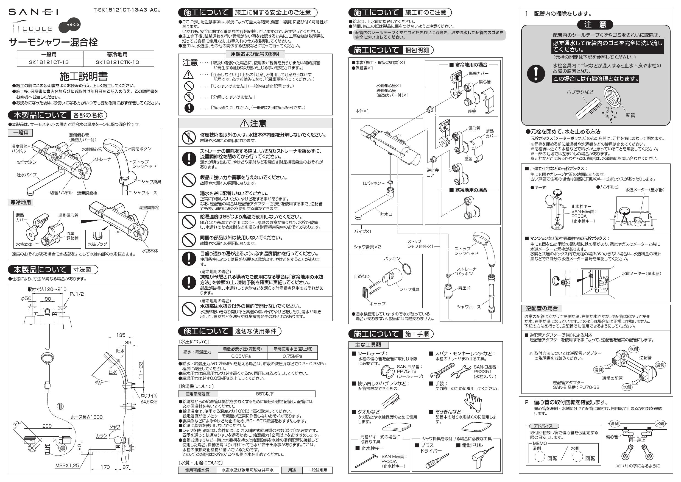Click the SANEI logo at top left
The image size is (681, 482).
point(33,12)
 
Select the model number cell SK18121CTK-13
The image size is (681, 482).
point(117,63)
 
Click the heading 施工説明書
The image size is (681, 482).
point(83,76)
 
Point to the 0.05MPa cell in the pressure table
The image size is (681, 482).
point(241,356)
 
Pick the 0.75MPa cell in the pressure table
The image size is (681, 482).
point(292,356)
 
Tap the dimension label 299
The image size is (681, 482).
point(47,426)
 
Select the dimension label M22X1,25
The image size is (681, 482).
point(67,466)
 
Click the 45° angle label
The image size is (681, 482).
point(98,383)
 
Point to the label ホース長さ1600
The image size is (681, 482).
point(86,417)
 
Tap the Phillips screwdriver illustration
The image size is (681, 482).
point(437,460)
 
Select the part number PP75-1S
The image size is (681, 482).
point(407,371)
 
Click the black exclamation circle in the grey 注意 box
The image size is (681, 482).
point(536,73)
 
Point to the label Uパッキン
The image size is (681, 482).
point(372,183)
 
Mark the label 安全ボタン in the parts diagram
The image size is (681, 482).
point(27,162)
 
